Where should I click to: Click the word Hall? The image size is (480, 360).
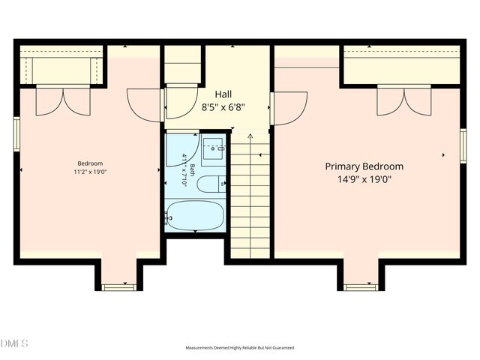coord(223,94)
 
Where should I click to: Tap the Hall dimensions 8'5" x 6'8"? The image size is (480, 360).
coord(223,106)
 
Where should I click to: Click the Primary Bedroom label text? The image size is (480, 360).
coord(364,166)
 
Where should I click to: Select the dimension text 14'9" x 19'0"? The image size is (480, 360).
coord(364,179)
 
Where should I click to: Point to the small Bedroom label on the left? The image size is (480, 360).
coord(90,163)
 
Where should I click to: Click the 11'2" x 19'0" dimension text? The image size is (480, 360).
coord(90,172)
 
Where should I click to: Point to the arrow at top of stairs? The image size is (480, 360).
coord(250,136)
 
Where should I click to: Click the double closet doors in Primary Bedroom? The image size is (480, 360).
coord(404,101)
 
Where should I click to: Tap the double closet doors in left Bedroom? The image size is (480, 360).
coord(63,101)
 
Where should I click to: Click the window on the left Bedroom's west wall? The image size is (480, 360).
coord(16,133)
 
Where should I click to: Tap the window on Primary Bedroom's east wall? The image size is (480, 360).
coord(463,145)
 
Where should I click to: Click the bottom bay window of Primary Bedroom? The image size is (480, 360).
coord(361,286)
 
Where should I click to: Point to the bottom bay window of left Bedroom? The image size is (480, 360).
coord(118,286)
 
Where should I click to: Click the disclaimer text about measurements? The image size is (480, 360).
coord(240,348)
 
